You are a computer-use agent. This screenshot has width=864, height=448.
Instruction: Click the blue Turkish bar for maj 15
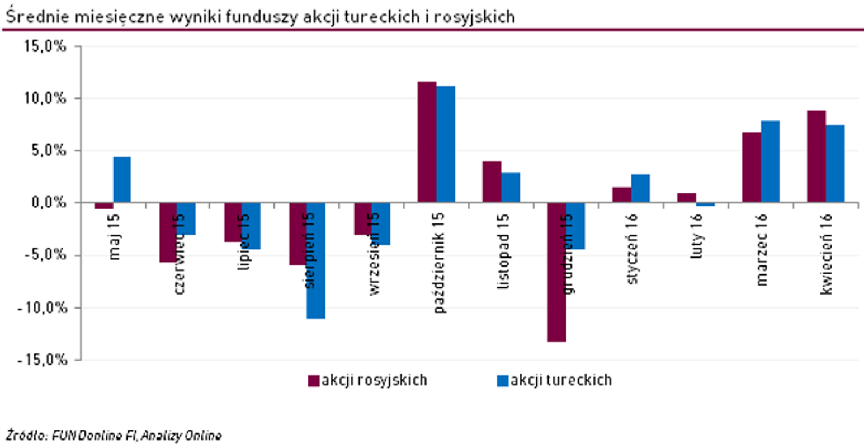(x=122, y=179)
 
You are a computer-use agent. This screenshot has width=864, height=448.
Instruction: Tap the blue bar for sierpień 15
(x=315, y=260)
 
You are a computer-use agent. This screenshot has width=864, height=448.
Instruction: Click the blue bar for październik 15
(x=446, y=144)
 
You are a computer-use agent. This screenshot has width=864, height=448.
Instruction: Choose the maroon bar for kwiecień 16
(x=816, y=156)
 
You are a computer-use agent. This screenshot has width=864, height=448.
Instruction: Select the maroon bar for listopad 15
(x=492, y=181)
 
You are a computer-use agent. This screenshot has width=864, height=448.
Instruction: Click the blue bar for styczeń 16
(x=640, y=188)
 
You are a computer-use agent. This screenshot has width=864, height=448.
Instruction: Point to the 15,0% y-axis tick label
(x=45, y=47)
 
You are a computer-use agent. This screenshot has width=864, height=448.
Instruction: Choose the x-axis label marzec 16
(x=762, y=250)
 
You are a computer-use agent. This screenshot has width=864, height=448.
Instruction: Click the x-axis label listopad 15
(x=503, y=251)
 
